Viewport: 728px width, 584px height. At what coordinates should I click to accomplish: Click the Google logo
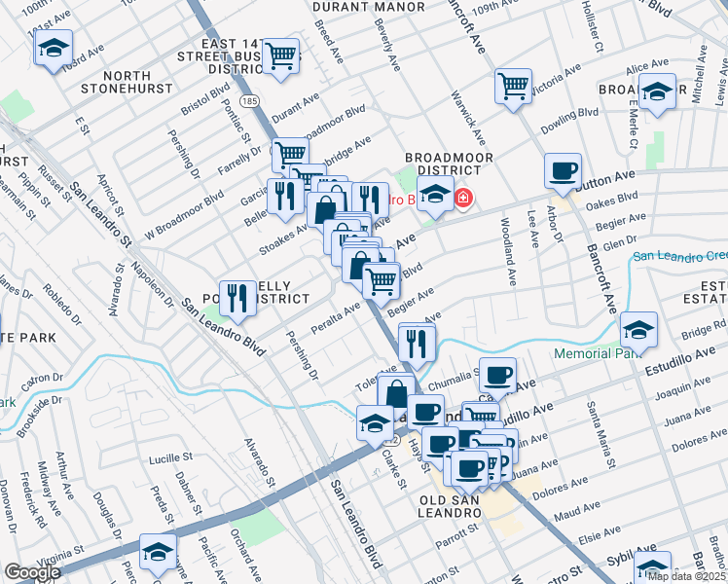[x=31, y=573]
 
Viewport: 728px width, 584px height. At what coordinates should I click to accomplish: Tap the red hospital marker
[x=463, y=200]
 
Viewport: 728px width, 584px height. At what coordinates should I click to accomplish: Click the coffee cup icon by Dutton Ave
[x=562, y=171]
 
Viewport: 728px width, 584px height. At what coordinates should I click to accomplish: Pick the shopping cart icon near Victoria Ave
[x=513, y=85]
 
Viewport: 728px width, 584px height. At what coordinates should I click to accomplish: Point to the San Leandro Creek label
[x=679, y=256]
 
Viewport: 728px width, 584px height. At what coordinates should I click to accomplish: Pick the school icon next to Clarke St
[x=374, y=423]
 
